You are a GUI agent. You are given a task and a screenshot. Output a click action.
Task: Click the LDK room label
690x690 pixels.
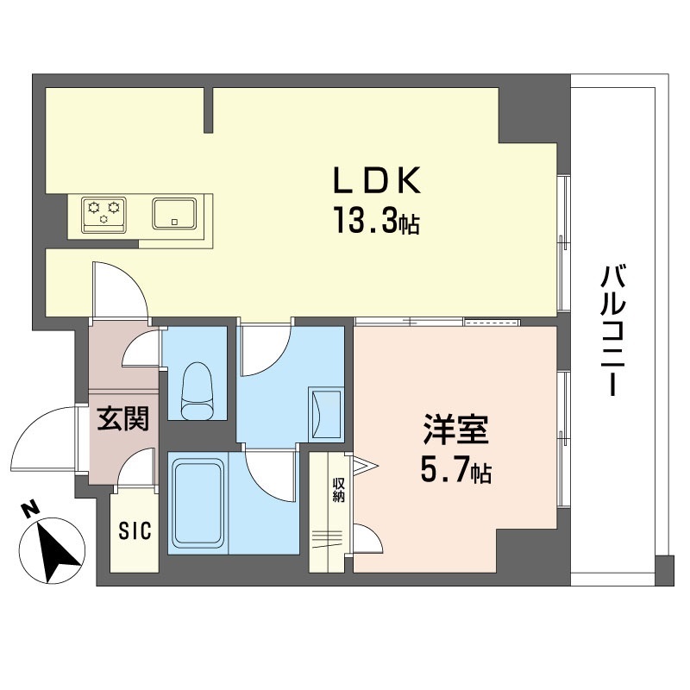coord(377,181)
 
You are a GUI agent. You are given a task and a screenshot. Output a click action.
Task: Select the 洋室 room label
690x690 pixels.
coord(455,430)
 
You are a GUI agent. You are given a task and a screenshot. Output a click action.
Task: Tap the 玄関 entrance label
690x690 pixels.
coord(122,418)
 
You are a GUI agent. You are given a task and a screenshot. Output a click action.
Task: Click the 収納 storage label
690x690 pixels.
coord(338,490)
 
